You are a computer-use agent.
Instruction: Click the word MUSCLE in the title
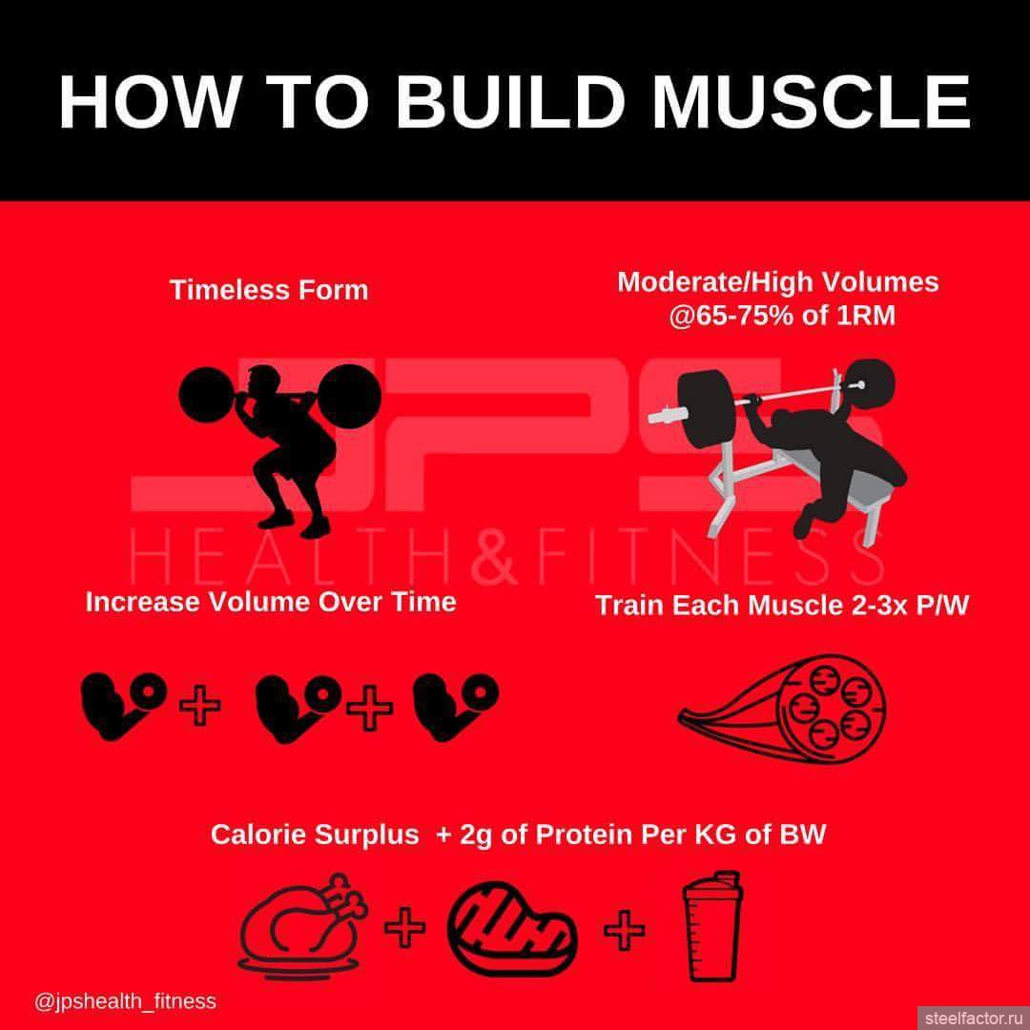[811, 103]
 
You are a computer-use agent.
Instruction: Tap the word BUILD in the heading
[509, 103]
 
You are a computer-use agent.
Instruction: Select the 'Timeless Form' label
[269, 290]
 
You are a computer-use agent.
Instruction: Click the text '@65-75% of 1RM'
[782, 316]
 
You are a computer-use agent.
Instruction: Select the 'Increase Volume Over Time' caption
[271, 602]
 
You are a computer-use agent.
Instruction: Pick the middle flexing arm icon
[299, 708]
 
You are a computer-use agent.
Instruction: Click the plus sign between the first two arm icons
[199, 706]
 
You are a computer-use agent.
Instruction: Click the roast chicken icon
[302, 926]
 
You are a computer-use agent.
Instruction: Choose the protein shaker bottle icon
[711, 926]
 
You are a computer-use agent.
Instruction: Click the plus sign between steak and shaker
[624, 929]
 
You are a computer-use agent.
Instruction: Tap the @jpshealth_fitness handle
[125, 1001]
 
